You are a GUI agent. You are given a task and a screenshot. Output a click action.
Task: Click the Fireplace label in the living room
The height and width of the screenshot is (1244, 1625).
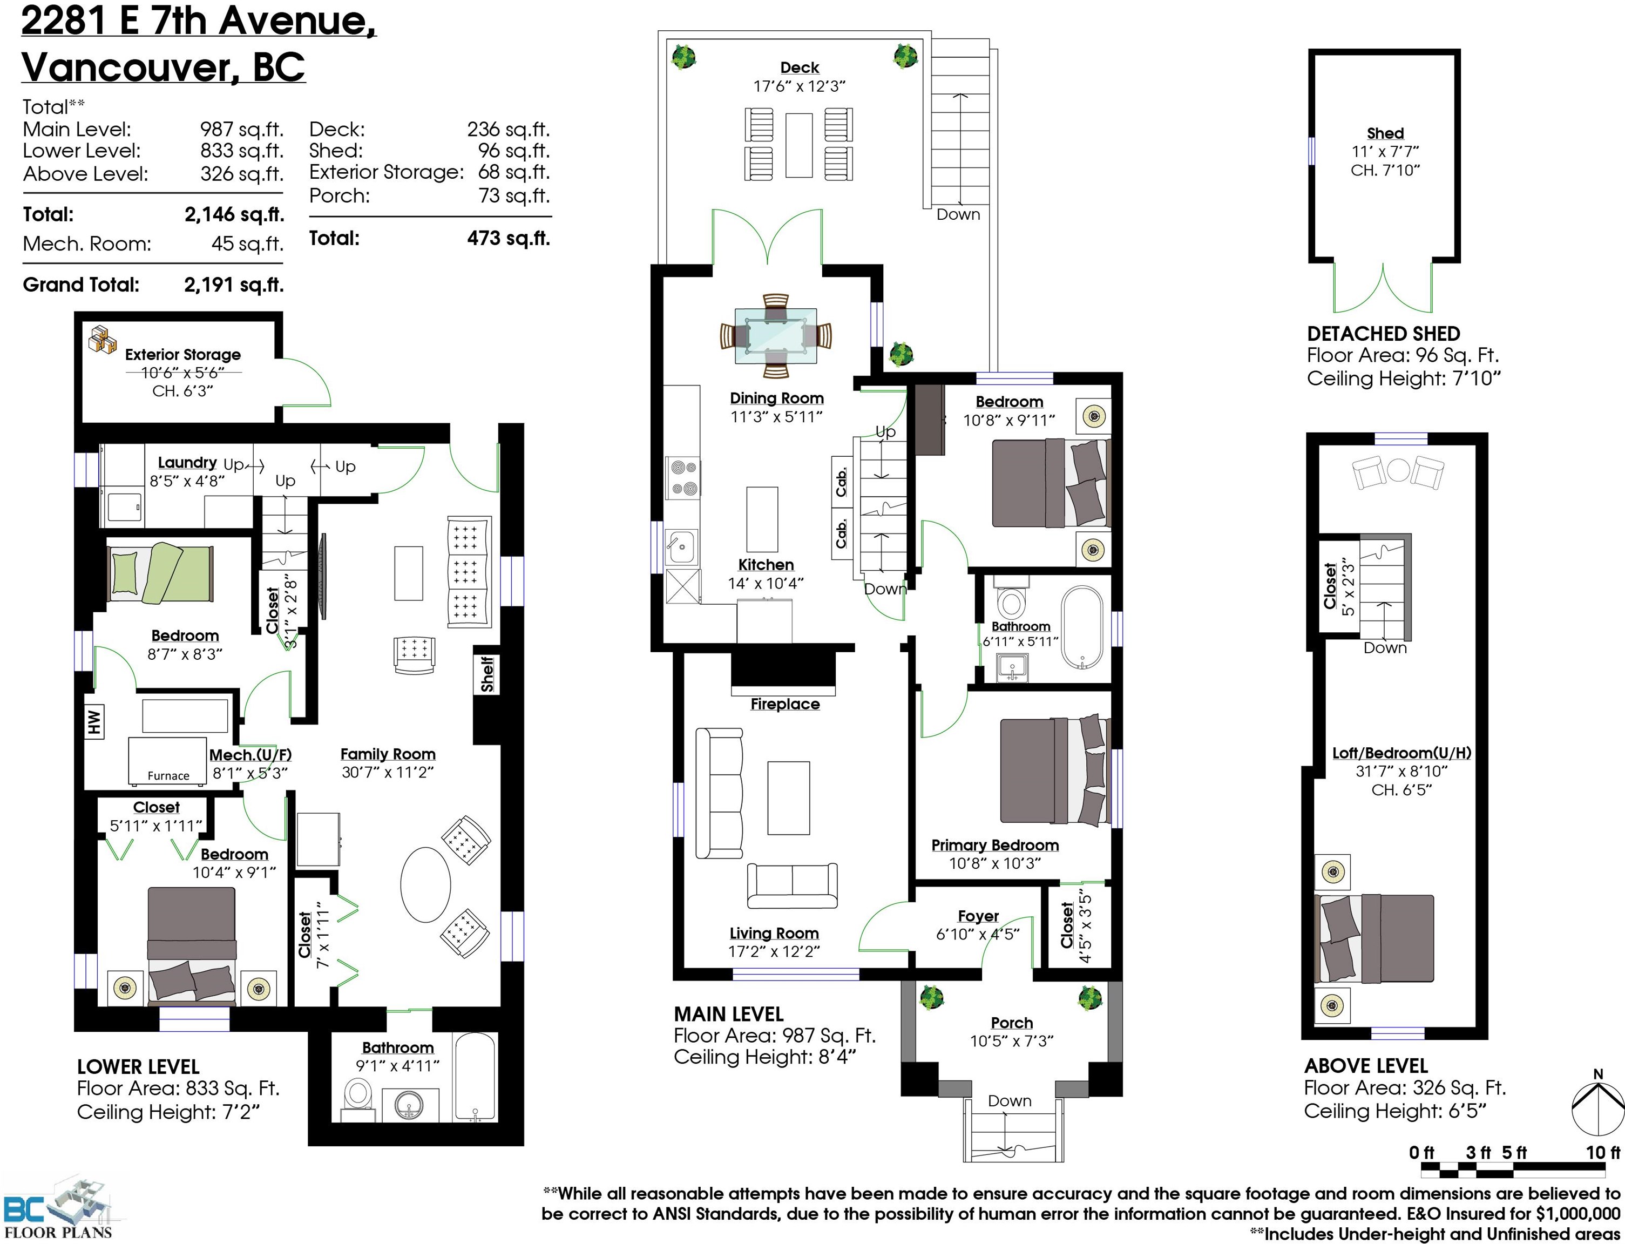coord(785,704)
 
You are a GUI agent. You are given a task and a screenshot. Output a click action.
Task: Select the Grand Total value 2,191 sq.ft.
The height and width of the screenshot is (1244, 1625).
coord(234,285)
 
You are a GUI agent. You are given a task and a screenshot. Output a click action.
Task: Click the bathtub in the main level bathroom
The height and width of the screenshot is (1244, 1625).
coord(1081,628)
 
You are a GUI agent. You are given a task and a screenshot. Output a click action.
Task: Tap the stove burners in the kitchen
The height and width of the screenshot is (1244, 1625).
coord(682,478)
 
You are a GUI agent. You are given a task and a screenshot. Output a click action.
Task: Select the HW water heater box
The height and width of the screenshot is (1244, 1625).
coord(94,722)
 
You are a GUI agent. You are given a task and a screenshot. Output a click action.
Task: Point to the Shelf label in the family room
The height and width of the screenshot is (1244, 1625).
coord(486,674)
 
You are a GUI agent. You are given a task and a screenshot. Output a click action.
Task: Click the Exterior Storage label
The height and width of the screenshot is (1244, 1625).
coord(183,355)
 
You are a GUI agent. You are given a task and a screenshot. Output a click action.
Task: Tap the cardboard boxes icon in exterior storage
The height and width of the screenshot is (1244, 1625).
coord(103,340)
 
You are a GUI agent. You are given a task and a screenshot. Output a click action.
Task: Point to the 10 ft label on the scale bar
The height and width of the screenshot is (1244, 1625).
coord(1603,1152)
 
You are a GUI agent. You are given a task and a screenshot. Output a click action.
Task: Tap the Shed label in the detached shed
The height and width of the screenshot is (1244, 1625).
coord(1385,133)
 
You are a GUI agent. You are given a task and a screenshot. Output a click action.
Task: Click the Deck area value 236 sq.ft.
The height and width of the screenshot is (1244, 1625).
coord(508,130)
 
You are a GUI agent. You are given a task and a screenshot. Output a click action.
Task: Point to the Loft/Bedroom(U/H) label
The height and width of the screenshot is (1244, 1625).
coord(1401,753)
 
